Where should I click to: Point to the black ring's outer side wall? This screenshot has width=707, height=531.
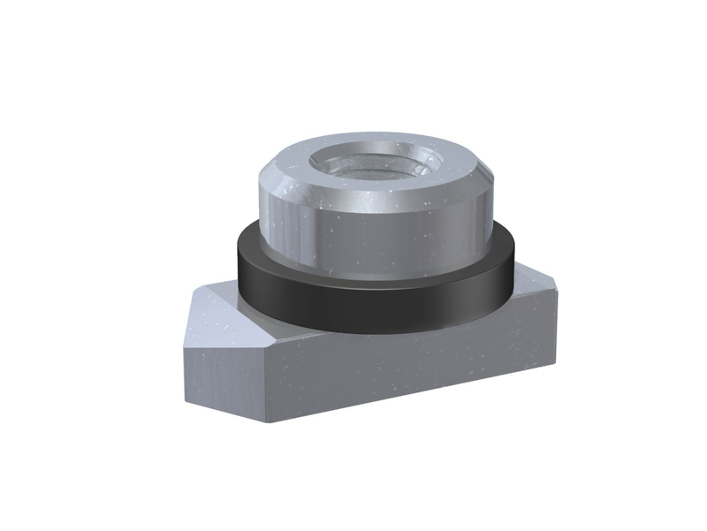[x=371, y=305]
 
